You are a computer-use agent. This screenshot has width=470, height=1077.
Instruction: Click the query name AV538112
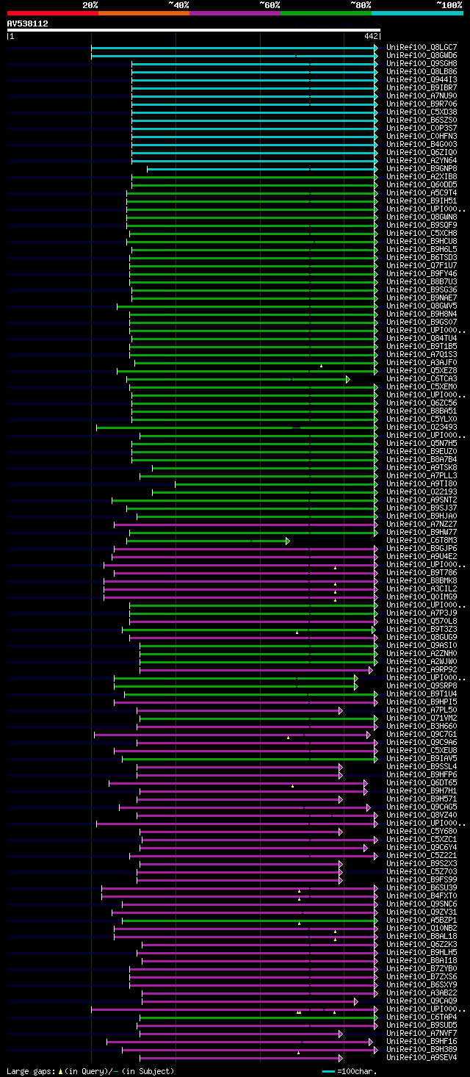(x=28, y=24)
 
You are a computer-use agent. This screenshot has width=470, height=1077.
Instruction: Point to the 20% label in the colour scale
(x=90, y=4)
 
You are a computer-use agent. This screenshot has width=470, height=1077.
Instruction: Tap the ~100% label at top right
(x=449, y=4)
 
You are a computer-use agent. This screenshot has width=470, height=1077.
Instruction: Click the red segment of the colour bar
(x=52, y=12)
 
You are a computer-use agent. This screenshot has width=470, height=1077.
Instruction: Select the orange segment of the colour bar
(x=143, y=12)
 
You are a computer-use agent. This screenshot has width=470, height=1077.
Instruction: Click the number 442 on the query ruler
(x=371, y=36)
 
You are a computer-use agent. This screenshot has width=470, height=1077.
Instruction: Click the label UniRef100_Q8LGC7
(x=422, y=48)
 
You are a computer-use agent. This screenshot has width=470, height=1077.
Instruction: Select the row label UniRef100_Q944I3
(x=422, y=80)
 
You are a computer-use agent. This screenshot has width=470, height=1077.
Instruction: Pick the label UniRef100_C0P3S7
(x=422, y=129)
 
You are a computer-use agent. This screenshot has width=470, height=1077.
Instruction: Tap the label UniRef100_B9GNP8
(x=422, y=169)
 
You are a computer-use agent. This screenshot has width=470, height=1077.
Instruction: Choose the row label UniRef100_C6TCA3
(x=422, y=379)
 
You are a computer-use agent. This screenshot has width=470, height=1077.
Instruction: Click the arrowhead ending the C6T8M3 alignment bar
(x=287, y=541)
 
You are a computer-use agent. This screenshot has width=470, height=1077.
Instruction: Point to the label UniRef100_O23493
(x=422, y=428)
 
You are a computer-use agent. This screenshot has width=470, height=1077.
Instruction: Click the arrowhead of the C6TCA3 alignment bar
(x=348, y=379)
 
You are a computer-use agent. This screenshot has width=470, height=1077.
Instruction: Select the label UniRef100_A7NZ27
(x=422, y=525)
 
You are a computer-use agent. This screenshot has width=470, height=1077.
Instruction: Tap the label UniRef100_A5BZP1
(x=422, y=921)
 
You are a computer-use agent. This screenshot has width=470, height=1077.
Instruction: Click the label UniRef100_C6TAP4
(x=422, y=1017)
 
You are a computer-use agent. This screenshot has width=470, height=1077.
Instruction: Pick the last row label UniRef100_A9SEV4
(x=422, y=1058)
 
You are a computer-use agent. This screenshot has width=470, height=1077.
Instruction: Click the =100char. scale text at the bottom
(x=360, y=1071)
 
